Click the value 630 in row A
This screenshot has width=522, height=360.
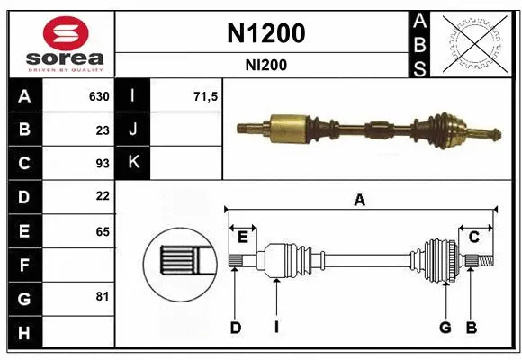point(98,96)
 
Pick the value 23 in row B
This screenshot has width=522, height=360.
point(102,130)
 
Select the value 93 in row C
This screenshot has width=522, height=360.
point(102,163)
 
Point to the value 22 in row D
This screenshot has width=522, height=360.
point(102,196)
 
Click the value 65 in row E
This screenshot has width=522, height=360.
point(102,231)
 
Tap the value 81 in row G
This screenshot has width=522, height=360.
point(102,296)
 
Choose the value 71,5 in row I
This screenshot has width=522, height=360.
point(206,96)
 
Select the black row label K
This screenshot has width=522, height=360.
point(133,163)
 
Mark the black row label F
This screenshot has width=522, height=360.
point(23,265)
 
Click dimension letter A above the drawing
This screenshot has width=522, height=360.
point(359,200)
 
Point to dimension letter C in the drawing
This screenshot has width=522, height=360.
point(473,237)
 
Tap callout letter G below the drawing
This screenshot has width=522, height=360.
point(445,328)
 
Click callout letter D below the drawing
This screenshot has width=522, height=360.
point(235,328)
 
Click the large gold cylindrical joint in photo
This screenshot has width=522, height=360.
point(289,126)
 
